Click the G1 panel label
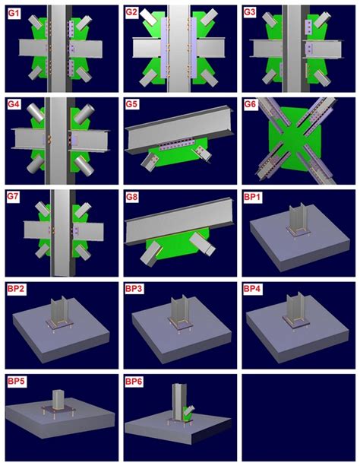coord(14,13)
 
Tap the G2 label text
coord(131,13)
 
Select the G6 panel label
coord(250,105)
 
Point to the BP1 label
coord(252,198)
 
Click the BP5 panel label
coord(16,382)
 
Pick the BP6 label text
coord(134,382)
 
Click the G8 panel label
coord(131,198)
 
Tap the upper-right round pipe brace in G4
coord(84,113)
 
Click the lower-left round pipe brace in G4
coord(35,163)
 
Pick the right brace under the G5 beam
coord(203,154)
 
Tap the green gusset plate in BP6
coord(186,414)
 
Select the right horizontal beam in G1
coord(85,48)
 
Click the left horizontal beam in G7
coord(39,230)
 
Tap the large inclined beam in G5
coord(180,128)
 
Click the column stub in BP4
coord(295,308)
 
